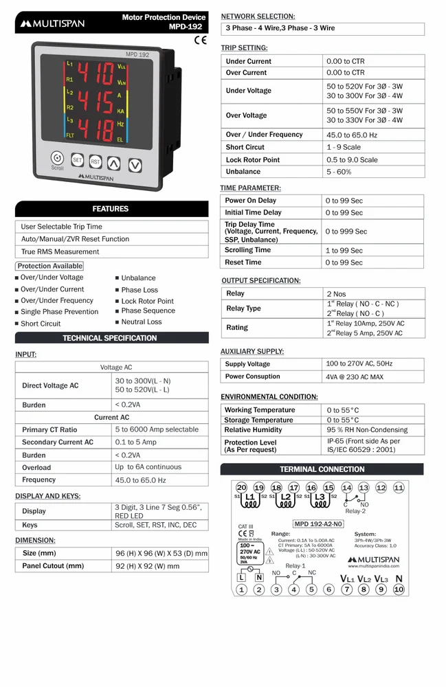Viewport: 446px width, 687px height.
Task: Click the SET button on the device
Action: point(78,161)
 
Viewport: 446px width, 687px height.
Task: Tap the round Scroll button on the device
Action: point(58,158)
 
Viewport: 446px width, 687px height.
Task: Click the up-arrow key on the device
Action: point(114,164)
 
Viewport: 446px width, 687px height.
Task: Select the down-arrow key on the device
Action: point(135,165)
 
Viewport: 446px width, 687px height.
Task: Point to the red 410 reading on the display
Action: point(95,74)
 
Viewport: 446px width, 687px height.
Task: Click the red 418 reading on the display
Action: point(95,129)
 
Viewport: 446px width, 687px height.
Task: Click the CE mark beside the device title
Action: point(201,40)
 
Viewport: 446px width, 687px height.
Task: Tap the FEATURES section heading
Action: point(111,209)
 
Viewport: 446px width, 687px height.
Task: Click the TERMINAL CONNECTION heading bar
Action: point(322,469)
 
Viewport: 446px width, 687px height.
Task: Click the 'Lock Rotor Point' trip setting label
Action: point(252,159)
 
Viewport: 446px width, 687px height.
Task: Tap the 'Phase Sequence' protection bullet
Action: point(148,311)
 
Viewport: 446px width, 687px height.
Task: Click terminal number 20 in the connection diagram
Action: point(241,487)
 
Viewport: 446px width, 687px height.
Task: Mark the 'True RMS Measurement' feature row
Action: point(60,251)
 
